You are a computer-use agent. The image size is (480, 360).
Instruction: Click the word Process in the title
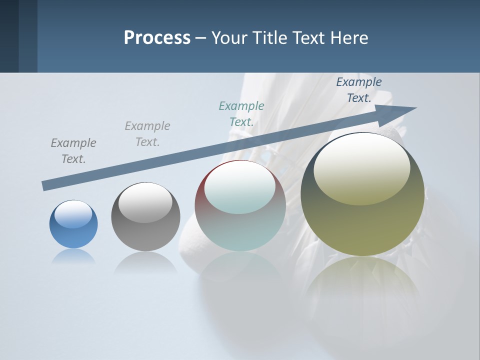click(157, 38)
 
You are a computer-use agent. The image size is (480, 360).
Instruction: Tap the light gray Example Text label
click(147, 134)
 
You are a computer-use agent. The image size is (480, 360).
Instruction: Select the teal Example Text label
click(241, 114)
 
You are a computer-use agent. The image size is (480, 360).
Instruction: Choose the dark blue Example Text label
click(358, 90)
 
